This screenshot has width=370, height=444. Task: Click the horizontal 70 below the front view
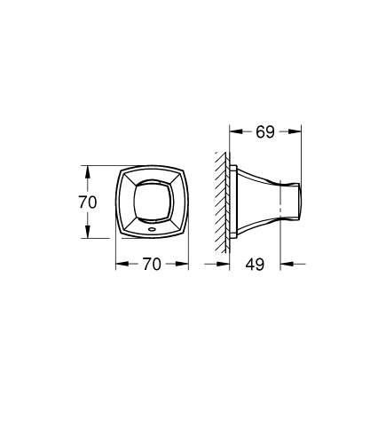[152, 264]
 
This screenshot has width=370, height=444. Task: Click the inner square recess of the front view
[152, 198]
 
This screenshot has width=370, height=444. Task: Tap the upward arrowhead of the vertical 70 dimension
[87, 169]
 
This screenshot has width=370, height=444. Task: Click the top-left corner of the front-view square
[122, 169]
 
